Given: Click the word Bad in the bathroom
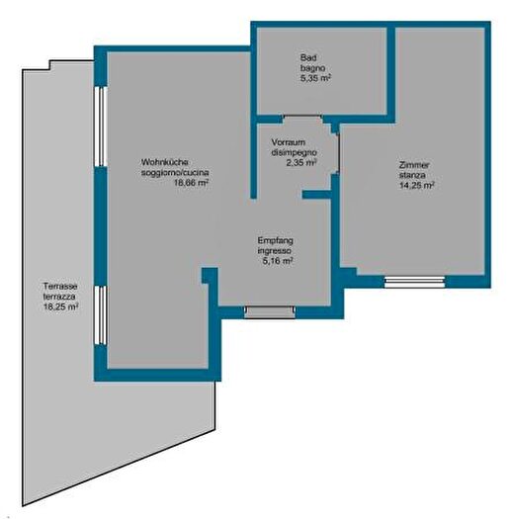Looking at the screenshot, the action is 308,57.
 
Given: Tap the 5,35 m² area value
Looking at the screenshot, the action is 316,78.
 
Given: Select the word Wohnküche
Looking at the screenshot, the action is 165,162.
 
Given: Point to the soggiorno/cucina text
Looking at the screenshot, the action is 175,173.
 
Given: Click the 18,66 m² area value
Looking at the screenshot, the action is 192,183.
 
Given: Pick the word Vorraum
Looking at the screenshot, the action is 289,142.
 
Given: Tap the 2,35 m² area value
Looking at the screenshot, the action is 301,163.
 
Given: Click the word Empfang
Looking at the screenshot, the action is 276,240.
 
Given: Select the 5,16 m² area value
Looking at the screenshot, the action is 278,261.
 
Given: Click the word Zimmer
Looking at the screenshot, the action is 414,164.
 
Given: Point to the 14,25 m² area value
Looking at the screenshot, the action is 417,186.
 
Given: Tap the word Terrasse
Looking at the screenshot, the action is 60,286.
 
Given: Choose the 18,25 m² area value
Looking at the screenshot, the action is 61,306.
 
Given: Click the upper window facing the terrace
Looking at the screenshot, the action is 100,127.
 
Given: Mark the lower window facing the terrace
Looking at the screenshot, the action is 100,315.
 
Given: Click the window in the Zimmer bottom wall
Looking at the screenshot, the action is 415,282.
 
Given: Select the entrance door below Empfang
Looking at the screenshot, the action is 270,312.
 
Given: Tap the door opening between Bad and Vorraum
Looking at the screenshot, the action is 302,116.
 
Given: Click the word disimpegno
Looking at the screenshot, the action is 295,152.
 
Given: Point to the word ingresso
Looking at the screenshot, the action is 275,250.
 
